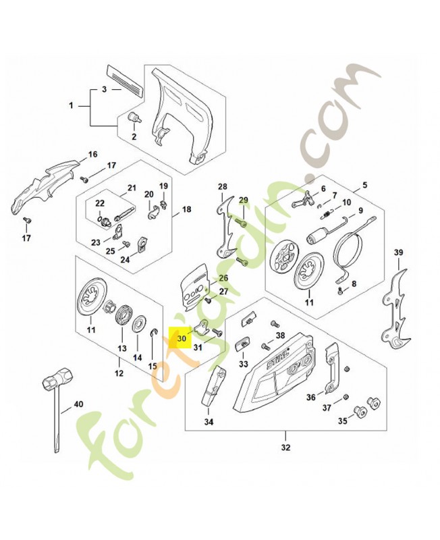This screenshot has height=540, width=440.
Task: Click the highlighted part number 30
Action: (180, 339)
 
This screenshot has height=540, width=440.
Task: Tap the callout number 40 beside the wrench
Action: (78, 404)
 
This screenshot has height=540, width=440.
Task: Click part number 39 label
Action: (398, 253)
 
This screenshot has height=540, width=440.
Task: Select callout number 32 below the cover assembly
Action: (285, 447)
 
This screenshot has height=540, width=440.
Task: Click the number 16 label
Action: (92, 155)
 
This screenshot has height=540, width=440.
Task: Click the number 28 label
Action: (222, 186)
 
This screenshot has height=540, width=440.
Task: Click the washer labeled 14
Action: (142, 323)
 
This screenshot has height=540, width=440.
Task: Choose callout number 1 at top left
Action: (72, 105)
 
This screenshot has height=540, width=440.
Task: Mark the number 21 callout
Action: (132, 188)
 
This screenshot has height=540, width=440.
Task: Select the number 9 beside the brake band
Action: (362, 210)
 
